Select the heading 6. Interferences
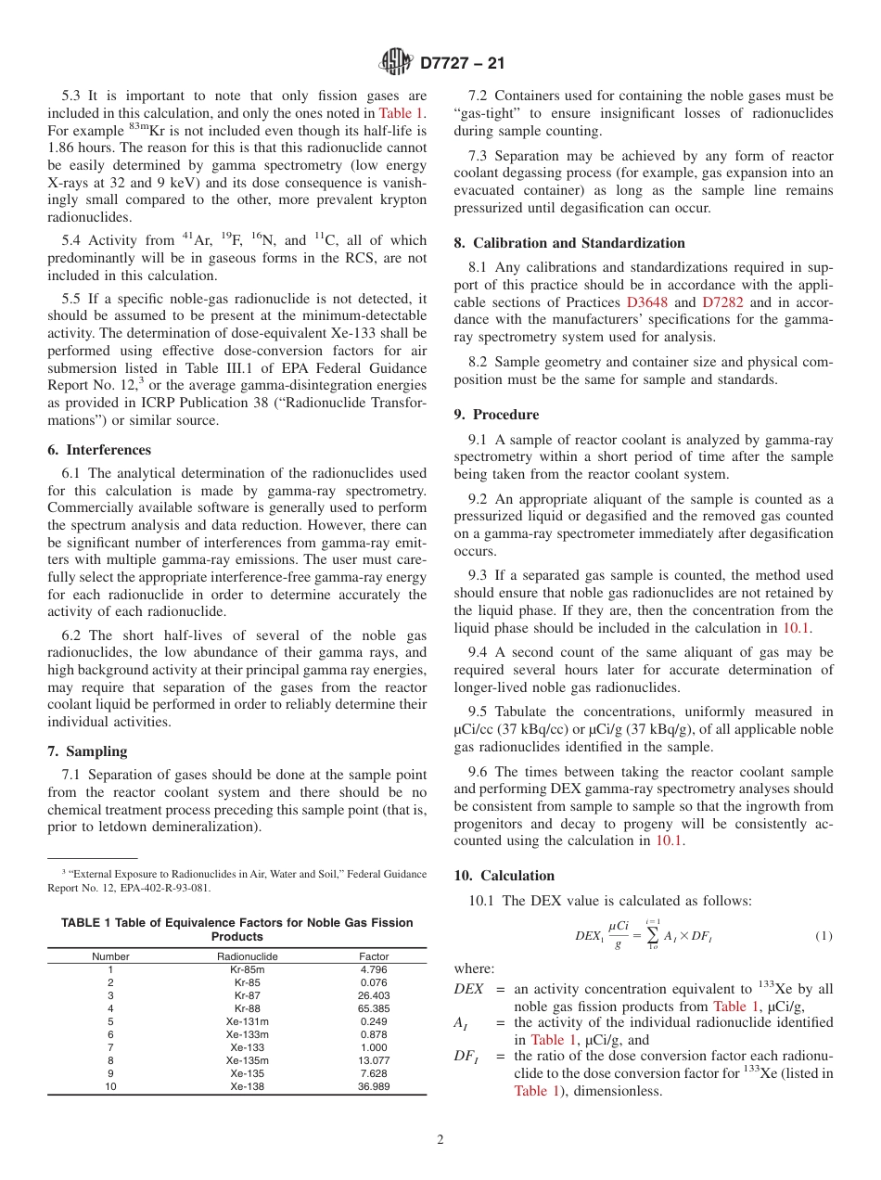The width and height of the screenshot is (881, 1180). coord(99,450)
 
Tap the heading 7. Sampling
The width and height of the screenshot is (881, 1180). coord(87,751)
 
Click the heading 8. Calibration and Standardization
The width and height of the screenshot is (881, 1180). coord(569,243)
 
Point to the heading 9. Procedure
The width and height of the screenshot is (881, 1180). coord(496,415)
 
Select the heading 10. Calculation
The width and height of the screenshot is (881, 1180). coord(504,876)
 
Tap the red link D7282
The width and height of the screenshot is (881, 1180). coord(722,302)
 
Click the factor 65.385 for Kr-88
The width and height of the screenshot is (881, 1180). coord(374,1008)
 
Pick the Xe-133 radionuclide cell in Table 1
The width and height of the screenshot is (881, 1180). coord(247,1047)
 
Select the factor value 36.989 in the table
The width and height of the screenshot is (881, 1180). coord(374,1086)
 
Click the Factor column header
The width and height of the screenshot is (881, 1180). coord(374,956)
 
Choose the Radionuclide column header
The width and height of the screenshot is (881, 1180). coord(247,956)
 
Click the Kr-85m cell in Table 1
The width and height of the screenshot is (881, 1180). coord(247,969)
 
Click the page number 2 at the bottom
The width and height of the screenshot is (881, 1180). coord(440,1140)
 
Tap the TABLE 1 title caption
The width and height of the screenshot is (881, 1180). coord(236,930)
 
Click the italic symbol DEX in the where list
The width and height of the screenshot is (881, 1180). coord(468,989)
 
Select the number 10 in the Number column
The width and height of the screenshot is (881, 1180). coord(110,1086)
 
